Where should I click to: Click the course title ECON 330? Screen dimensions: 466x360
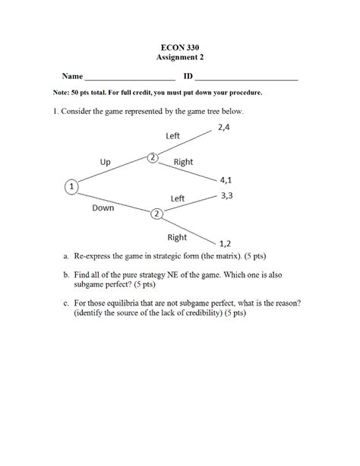click(x=179, y=47)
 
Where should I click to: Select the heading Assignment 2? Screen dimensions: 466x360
click(x=179, y=57)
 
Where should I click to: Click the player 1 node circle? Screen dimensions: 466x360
click(x=71, y=185)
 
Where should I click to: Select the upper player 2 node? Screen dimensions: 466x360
click(x=153, y=157)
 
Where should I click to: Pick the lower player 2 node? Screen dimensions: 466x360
click(x=156, y=214)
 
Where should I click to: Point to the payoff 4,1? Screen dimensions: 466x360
click(x=226, y=180)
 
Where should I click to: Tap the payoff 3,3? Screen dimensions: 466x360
click(x=226, y=195)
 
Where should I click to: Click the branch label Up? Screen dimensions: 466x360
click(x=106, y=161)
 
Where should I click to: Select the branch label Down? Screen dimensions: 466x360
click(x=103, y=207)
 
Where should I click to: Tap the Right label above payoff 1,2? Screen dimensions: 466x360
click(x=177, y=237)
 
